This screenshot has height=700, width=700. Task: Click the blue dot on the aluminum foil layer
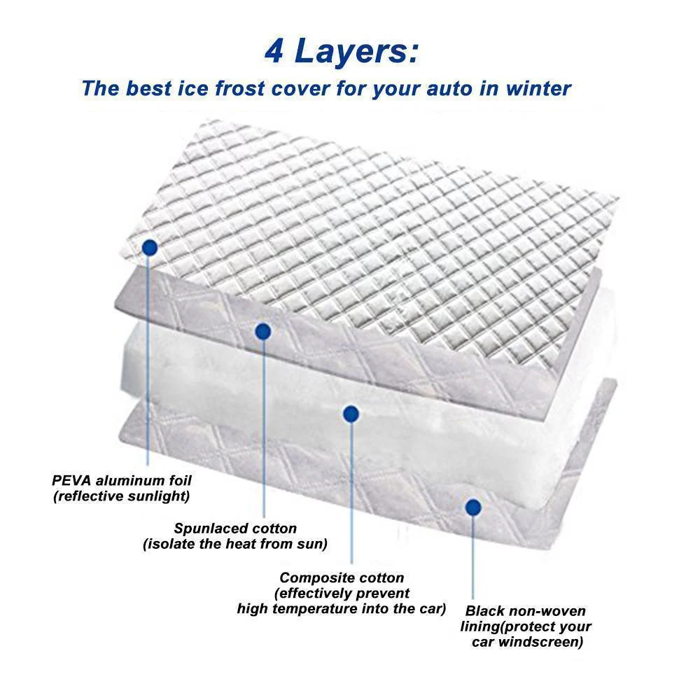point(149,247)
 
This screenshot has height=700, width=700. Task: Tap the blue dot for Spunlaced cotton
point(263,331)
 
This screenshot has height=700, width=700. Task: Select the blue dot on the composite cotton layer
point(351,414)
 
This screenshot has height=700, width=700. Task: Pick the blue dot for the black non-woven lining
point(473,506)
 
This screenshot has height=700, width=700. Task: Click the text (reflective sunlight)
point(121,496)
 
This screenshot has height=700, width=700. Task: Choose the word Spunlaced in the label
point(206,528)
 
